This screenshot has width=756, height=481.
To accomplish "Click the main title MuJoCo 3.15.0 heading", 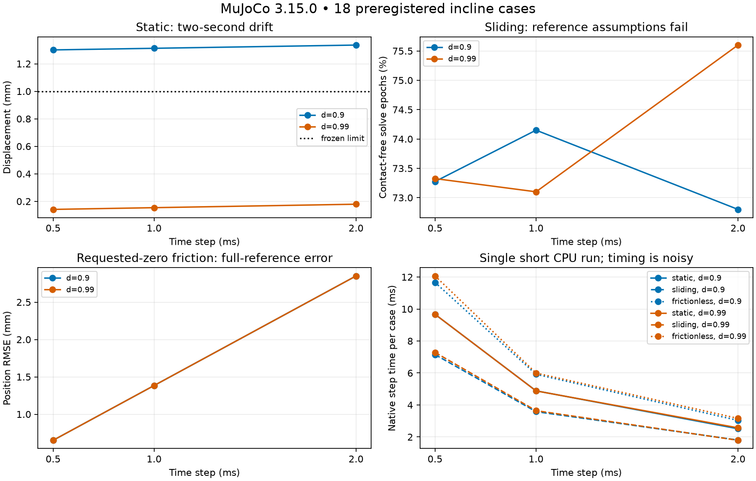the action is (x=378, y=9).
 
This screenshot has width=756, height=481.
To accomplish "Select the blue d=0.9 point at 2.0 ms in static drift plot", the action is (x=356, y=45).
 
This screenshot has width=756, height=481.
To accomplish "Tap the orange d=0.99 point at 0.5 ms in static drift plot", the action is (x=53, y=210).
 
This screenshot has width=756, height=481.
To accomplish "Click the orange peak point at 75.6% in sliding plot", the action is (x=738, y=45).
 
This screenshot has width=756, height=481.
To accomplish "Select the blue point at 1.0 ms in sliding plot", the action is (x=536, y=130).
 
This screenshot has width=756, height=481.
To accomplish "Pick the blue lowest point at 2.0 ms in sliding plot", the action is (x=738, y=210).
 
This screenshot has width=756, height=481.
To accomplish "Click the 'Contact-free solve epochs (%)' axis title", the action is (x=383, y=127).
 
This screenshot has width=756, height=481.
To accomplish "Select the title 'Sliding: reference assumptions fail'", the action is (x=586, y=27).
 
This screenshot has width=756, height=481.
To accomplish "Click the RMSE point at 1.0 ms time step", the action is (x=154, y=386).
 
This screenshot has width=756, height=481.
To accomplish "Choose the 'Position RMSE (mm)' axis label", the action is (x=7, y=358).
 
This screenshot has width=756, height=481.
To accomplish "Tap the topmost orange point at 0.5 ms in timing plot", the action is (x=435, y=277).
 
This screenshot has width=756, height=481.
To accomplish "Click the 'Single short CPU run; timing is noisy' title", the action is (x=586, y=258).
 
